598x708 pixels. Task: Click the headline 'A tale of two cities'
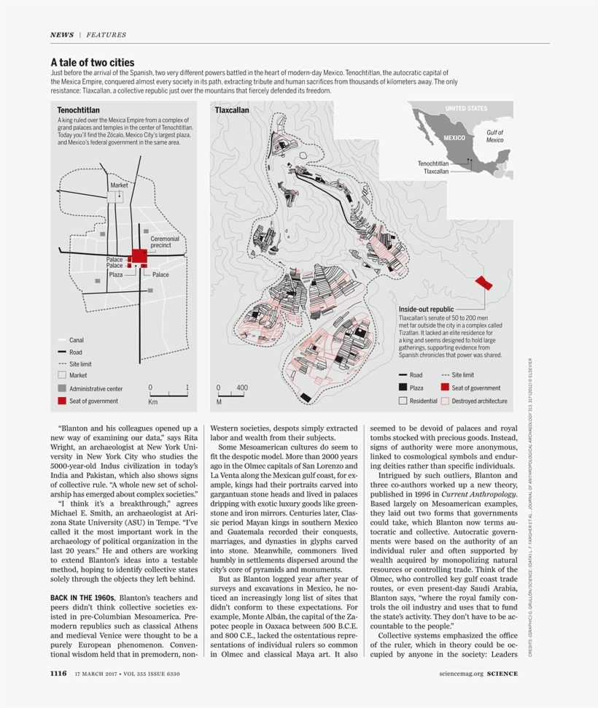click(x=92, y=63)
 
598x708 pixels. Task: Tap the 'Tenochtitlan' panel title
click(x=78, y=110)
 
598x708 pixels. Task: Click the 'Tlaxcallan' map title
click(x=232, y=110)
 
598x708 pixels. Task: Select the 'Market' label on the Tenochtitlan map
click(x=119, y=185)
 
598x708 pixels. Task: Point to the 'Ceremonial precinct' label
click(x=164, y=242)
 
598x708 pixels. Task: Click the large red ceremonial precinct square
click(x=139, y=255)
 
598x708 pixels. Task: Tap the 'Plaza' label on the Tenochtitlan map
click(x=116, y=274)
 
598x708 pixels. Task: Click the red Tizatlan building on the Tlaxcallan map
click(x=481, y=282)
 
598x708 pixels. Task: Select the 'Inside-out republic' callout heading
click(x=426, y=309)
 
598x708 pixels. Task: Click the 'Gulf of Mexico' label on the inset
click(x=494, y=136)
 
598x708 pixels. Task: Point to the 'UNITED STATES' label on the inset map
click(x=465, y=109)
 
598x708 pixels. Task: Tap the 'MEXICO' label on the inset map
click(x=454, y=138)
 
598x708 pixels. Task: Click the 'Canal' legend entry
click(x=77, y=340)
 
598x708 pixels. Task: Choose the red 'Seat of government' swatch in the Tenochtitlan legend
click(x=62, y=401)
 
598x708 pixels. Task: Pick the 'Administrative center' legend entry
click(x=96, y=389)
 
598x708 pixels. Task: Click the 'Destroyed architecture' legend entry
click(x=479, y=401)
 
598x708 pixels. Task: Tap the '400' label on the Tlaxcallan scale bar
click(x=242, y=388)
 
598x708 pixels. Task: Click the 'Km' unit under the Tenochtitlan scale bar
click(x=153, y=401)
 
